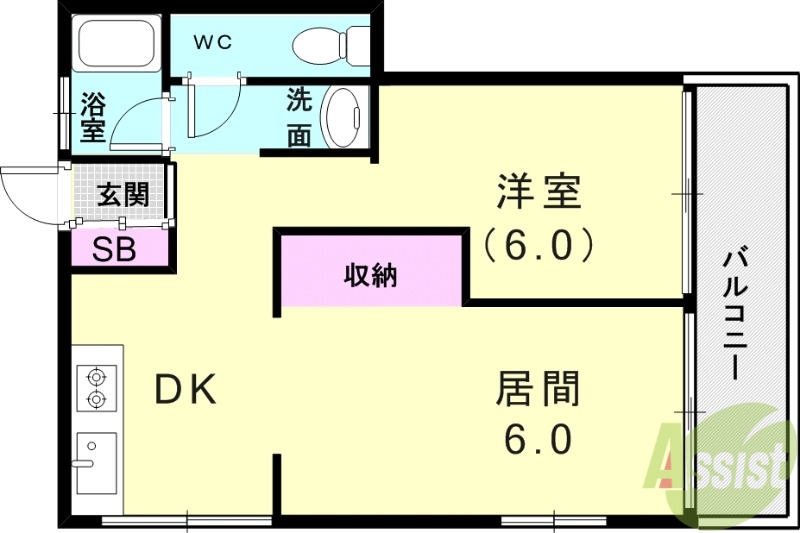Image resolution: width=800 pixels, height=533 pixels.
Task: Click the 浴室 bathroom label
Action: click(x=93, y=116)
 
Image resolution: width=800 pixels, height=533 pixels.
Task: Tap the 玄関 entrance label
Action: click(x=122, y=193)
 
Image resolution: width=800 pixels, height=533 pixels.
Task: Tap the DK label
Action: click(x=185, y=390)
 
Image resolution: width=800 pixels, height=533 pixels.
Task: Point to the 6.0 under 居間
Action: click(x=537, y=440)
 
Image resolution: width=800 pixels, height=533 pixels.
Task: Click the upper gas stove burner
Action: click(x=97, y=378)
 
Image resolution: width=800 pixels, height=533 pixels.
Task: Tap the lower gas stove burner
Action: click(x=97, y=400)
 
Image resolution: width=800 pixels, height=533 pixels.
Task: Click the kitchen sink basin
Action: click(x=96, y=462)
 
